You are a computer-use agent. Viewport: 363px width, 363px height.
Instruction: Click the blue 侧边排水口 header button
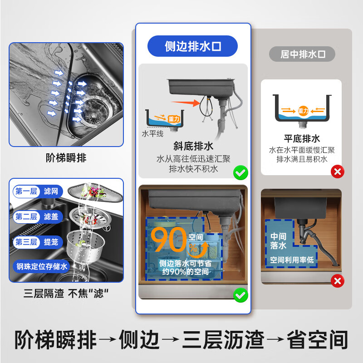point(193,46)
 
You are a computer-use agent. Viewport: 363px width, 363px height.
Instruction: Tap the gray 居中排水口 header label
point(303,54)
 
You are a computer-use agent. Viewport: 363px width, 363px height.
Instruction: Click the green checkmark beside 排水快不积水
point(240,172)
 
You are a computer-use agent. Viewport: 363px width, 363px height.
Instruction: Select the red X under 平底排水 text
point(337,172)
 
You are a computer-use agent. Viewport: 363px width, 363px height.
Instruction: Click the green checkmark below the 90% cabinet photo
point(240,295)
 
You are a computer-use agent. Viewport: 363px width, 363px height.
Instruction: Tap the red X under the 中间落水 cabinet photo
point(337,281)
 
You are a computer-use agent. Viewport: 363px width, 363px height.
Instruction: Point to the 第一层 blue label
point(26,191)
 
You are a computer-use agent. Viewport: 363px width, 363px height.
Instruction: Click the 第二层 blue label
point(26,216)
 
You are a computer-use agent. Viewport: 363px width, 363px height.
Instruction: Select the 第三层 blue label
point(26,242)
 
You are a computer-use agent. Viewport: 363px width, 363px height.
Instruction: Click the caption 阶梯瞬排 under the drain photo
point(66,158)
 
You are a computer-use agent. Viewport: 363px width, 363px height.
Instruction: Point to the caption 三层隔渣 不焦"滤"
point(66,293)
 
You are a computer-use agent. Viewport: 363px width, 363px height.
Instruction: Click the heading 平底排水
point(302,138)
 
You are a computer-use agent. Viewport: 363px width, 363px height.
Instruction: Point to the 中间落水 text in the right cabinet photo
point(279,240)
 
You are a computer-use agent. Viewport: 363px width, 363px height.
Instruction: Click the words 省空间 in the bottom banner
point(318,339)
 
